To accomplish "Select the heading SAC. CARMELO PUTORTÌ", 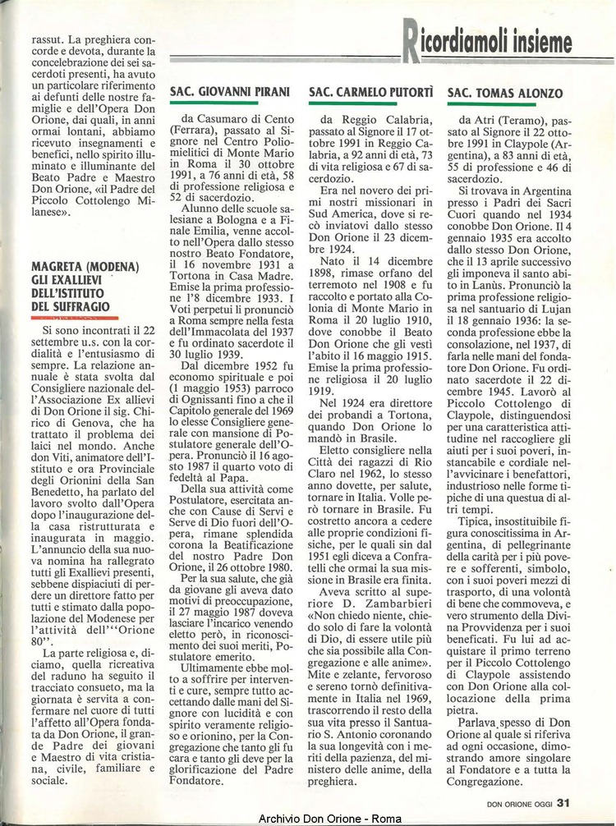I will (x=372, y=94).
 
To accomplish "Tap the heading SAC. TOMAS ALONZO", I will (x=505, y=94).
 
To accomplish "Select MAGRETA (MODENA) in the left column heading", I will (x=85, y=268).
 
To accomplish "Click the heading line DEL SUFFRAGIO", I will (x=70, y=306).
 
